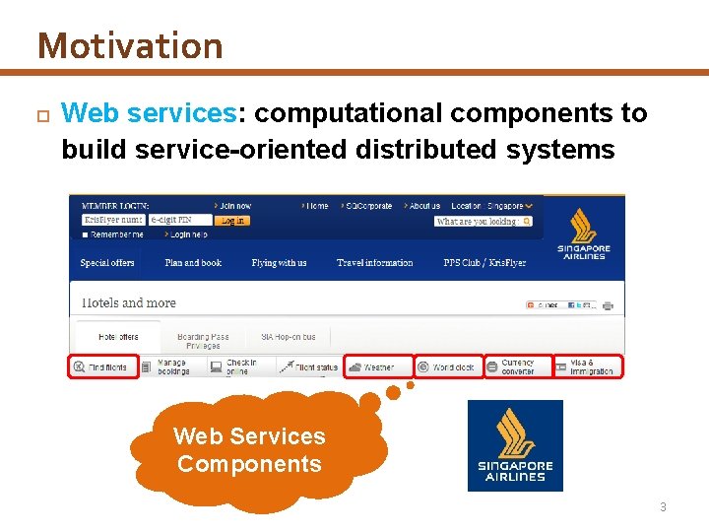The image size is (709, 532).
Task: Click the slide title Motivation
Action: pyautogui.click(x=130, y=46)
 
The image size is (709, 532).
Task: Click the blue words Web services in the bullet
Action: pyautogui.click(x=148, y=114)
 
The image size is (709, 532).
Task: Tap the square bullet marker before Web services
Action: pyautogui.click(x=41, y=115)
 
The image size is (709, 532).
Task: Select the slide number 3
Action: pyautogui.click(x=663, y=507)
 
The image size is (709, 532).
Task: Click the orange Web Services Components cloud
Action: pyautogui.click(x=248, y=451)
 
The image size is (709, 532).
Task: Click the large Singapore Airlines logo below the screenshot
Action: pyautogui.click(x=515, y=445)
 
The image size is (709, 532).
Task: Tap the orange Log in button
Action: pyautogui.click(x=232, y=221)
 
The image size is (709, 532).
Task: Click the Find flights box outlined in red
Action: pyautogui.click(x=99, y=366)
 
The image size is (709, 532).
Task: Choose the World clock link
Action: pyautogui.click(x=449, y=366)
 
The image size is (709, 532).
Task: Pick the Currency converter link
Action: pyautogui.click(x=516, y=366)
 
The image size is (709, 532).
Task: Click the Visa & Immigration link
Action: pyautogui.click(x=588, y=366)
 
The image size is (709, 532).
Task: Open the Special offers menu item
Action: pyautogui.click(x=107, y=263)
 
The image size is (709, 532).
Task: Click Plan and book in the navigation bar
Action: pyautogui.click(x=192, y=263)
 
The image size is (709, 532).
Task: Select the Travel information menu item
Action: pyautogui.click(x=374, y=263)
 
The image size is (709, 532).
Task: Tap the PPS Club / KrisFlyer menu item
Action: pyautogui.click(x=484, y=263)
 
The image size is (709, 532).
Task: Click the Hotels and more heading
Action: pyautogui.click(x=128, y=302)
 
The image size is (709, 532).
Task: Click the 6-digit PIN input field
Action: pyautogui.click(x=180, y=220)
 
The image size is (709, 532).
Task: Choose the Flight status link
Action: pyautogui.click(x=309, y=366)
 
